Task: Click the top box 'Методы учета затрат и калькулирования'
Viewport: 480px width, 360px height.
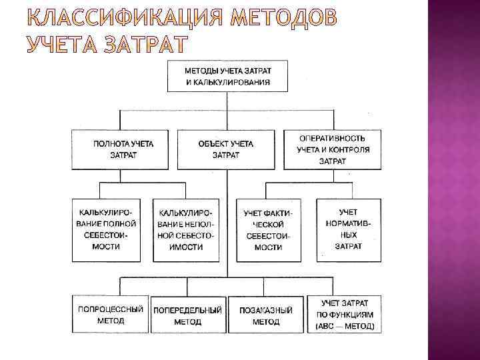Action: pos(227,75)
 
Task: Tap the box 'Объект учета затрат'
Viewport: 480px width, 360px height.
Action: pos(226,149)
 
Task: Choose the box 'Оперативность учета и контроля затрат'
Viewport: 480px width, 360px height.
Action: pos(332,149)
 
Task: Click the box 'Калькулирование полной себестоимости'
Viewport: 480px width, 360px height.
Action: pos(107,229)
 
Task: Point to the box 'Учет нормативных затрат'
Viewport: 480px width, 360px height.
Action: pos(344,229)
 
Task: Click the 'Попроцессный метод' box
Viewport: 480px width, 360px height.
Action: pos(110,315)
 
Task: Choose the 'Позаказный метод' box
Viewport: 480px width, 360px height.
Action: pos(266,315)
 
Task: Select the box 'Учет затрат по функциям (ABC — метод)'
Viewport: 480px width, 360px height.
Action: pos(344,315)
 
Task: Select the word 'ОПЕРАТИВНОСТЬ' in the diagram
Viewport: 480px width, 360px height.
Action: pos(332,138)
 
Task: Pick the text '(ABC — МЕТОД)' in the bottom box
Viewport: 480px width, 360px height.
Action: pos(344,326)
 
